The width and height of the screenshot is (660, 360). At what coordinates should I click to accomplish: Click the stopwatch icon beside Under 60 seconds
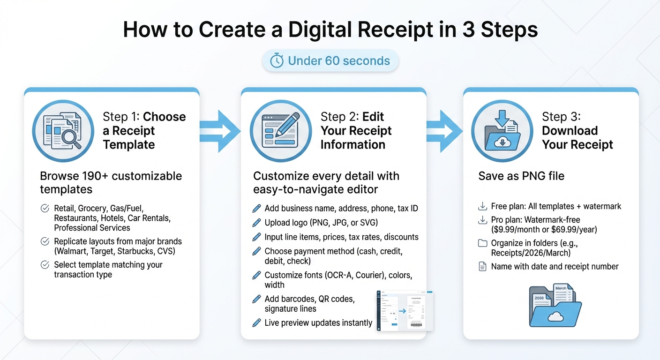(x=277, y=61)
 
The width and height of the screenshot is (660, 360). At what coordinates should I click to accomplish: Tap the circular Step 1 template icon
(x=62, y=131)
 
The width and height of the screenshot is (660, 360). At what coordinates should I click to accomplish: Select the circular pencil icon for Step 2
(x=280, y=131)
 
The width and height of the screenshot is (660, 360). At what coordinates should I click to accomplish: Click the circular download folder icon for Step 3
(x=502, y=131)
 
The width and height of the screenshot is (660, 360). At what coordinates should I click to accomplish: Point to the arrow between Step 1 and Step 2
(x=220, y=131)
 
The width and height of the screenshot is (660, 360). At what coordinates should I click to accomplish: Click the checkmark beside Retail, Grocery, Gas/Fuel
(x=45, y=209)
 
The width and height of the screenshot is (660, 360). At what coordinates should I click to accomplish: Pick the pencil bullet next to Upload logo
(x=256, y=223)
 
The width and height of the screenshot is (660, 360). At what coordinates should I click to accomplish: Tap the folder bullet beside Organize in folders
(x=482, y=243)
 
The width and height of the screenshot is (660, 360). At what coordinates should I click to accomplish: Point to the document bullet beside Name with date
(x=482, y=267)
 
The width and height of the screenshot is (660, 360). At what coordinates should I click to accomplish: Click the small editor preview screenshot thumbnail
(x=405, y=310)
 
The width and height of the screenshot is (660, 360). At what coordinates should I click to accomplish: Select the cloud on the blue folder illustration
(x=555, y=317)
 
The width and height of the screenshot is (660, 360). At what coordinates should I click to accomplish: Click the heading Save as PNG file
(x=521, y=176)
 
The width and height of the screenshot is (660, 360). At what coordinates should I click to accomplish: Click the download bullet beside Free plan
(x=482, y=206)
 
